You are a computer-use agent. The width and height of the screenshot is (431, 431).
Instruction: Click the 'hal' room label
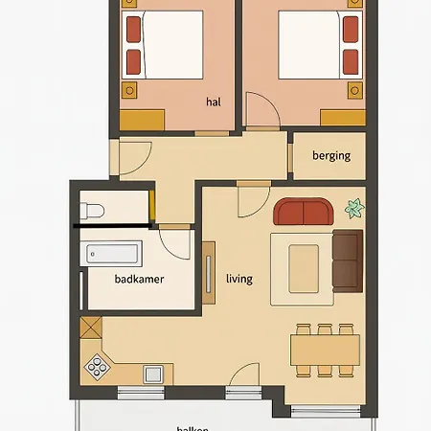tap(213, 101)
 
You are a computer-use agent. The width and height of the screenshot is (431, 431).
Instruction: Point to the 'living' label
tap(239, 279)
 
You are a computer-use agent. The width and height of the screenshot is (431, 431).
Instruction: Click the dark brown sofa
tap(347, 260)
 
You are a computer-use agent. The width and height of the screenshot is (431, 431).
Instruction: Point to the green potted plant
tap(354, 207)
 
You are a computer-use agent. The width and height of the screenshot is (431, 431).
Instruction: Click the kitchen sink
tap(152, 373)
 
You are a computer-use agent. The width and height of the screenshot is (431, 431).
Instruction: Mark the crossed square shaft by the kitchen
tap(91, 326)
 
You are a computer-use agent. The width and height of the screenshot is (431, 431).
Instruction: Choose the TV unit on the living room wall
tap(210, 272)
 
